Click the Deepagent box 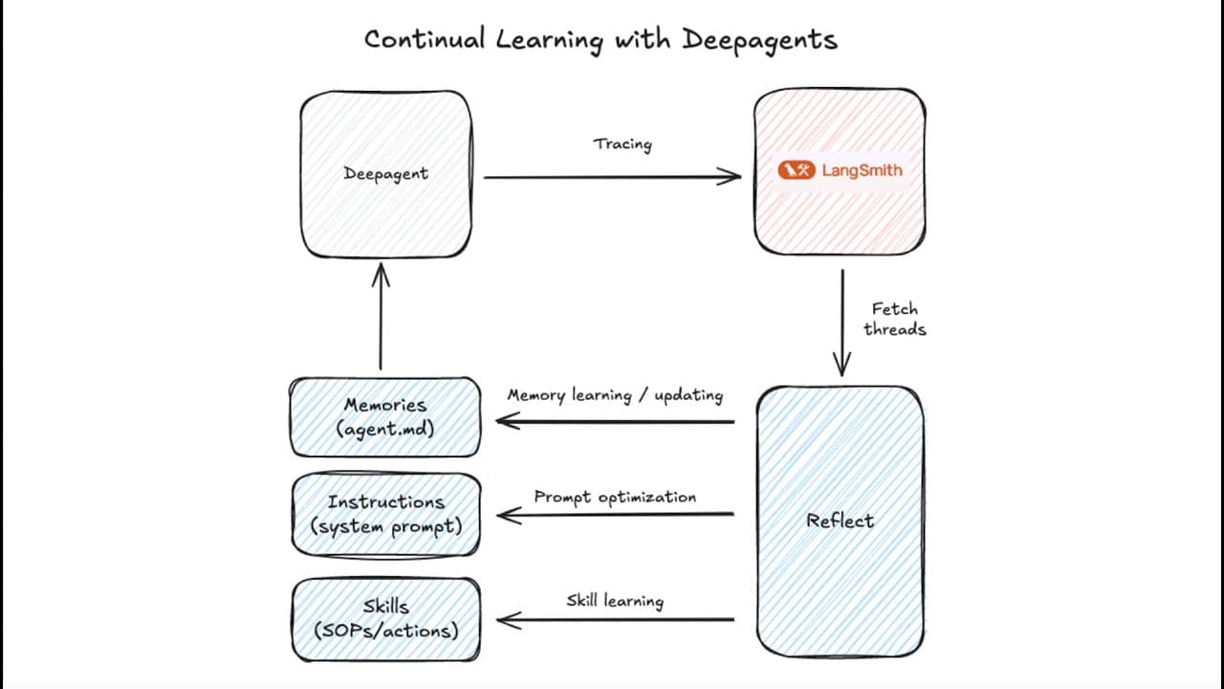coord(386,174)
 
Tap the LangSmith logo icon coord(796,170)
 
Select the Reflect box coord(840,522)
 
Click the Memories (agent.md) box coord(385,416)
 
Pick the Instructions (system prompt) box coord(385,514)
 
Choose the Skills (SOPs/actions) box coord(385,618)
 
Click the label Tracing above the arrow coord(622,144)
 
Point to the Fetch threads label coord(894,319)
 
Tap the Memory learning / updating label coord(615,395)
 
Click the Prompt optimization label coord(615,497)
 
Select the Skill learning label coord(615,601)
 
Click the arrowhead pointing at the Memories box coord(505,421)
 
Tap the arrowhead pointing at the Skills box coord(506,620)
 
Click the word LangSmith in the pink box coord(862,170)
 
